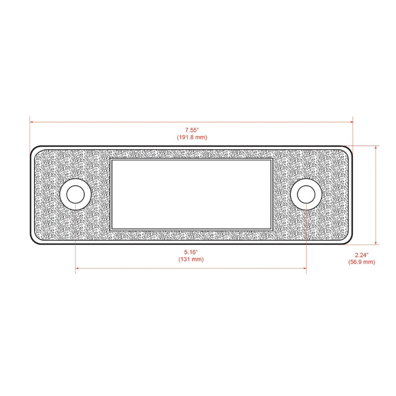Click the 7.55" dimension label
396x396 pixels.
point(192,130)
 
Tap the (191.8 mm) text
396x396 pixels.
point(192,137)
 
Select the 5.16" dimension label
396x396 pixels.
point(191,252)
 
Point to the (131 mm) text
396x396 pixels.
point(191,259)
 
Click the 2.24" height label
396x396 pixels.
point(362,255)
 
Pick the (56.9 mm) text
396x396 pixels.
point(362,262)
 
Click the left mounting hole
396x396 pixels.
point(75,194)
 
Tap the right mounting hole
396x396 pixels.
point(307,194)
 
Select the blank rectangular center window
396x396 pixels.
point(191,194)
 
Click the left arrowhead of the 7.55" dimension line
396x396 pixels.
point(32,122)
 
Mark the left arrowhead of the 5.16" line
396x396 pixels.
point(77,268)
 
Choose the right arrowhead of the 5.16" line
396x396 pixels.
point(305,268)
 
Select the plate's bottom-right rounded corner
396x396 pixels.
point(349,240)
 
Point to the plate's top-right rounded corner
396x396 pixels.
point(349,149)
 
